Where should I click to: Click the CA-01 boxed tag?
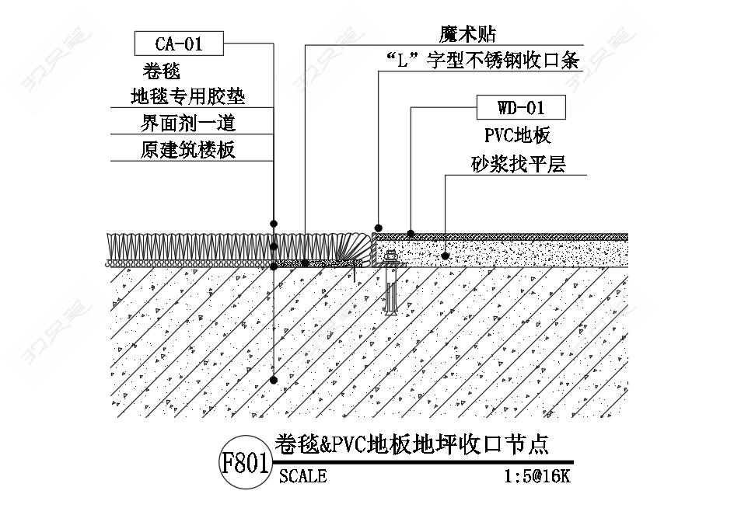pyautogui.click(x=179, y=43)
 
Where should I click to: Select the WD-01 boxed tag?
pyautogui.click(x=521, y=108)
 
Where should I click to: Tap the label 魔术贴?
pyautogui.click(x=467, y=34)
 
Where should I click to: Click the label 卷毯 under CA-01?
pyautogui.click(x=162, y=71)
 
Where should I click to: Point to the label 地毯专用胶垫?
pyautogui.click(x=187, y=97)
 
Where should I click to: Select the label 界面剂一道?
pyautogui.click(x=187, y=124)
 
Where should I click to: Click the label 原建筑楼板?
pyautogui.click(x=187, y=150)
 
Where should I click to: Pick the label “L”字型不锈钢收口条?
pyautogui.click(x=482, y=61)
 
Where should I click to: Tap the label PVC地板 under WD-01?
pyautogui.click(x=518, y=135)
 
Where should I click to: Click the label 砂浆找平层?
pyautogui.click(x=518, y=164)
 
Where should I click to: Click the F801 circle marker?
pyautogui.click(x=245, y=462)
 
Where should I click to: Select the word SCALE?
pyautogui.click(x=303, y=476)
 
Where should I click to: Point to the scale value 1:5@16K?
pyautogui.click(x=537, y=476)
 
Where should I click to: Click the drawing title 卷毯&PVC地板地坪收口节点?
pyautogui.click(x=411, y=444)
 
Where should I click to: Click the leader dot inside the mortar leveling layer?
pyautogui.click(x=446, y=256)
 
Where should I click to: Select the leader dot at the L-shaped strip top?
pyautogui.click(x=378, y=228)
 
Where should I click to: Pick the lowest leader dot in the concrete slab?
pyautogui.click(x=274, y=380)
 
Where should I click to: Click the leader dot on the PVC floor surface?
pyautogui.click(x=411, y=233)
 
